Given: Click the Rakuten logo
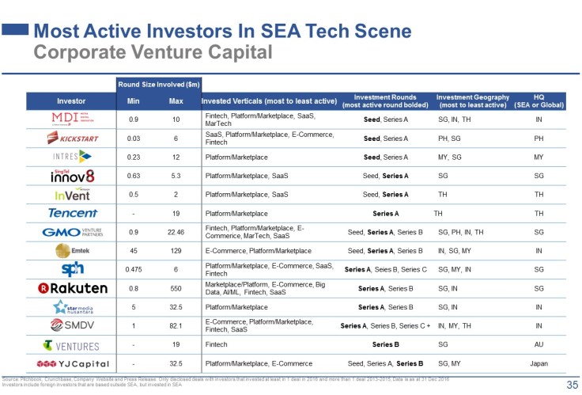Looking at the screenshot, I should point(72,288).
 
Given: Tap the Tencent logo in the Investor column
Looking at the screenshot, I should point(72,213).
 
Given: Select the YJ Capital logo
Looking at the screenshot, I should point(72,364).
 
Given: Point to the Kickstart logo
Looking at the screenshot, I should point(72,138).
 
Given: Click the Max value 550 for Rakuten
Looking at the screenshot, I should point(176,288).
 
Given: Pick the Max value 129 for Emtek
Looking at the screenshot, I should point(176,251).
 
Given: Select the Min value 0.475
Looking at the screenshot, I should point(133,270).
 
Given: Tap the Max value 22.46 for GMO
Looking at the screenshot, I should point(176,232).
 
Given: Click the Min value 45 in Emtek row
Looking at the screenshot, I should point(133,251).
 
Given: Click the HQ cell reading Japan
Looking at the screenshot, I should point(539,364).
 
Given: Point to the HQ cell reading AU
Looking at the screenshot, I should point(539,345).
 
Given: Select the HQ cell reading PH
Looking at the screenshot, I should point(539,138).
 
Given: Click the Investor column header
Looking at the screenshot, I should point(72,101).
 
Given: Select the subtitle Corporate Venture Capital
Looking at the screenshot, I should point(153,52).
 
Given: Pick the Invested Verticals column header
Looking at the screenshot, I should point(269,101).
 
